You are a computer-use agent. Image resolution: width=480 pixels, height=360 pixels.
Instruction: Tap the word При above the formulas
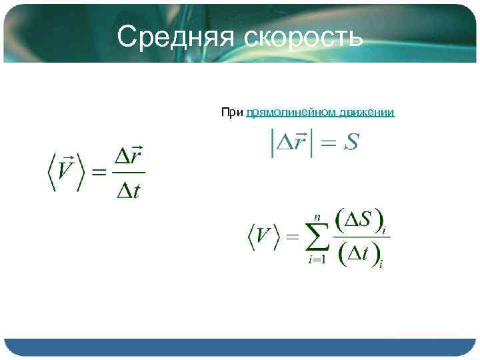[x=232, y=113]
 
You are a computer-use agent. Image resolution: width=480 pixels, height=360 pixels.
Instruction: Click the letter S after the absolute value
[x=351, y=142]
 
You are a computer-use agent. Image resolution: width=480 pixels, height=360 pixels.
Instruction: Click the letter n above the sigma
[x=317, y=218]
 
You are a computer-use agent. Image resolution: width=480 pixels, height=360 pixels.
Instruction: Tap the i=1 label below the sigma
[x=317, y=260]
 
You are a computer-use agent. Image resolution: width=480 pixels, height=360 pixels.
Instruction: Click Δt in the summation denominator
[x=359, y=254]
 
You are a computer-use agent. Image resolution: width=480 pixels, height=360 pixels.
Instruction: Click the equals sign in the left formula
[x=98, y=173]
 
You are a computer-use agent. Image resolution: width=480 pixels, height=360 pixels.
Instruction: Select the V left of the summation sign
[x=264, y=237]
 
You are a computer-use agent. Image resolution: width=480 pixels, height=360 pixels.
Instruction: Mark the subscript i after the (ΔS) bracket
[x=384, y=229]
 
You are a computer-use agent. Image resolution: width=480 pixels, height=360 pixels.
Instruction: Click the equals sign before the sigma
[x=292, y=237]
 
